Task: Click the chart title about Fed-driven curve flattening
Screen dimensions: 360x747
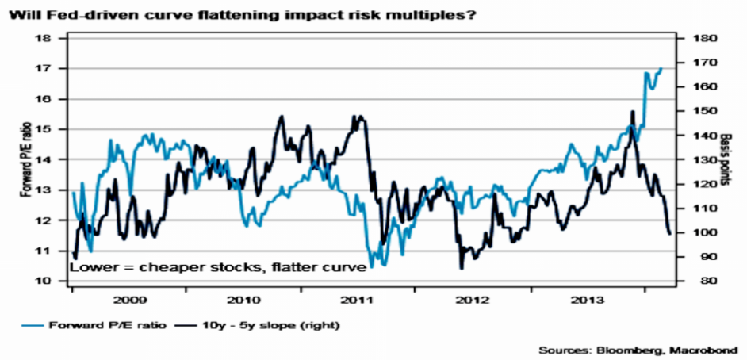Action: tap(238, 14)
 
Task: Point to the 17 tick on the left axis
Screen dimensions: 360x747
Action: tap(44, 69)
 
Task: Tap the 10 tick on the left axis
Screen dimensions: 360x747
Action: tap(44, 281)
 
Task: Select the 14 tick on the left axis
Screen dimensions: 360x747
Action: tap(44, 159)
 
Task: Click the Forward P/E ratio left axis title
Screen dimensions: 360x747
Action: tap(24, 159)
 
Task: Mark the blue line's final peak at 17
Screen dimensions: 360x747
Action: tap(661, 69)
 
